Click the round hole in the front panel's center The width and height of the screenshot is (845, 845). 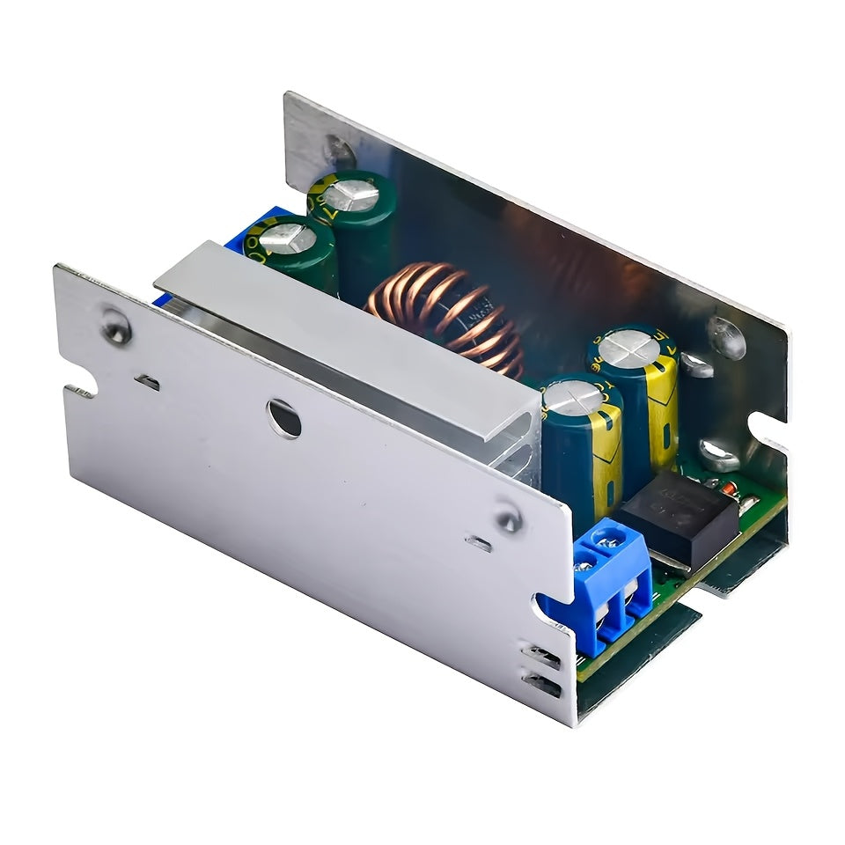284,417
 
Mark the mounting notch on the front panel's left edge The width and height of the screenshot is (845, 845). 81,390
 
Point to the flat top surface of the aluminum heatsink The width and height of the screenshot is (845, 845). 352,326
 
